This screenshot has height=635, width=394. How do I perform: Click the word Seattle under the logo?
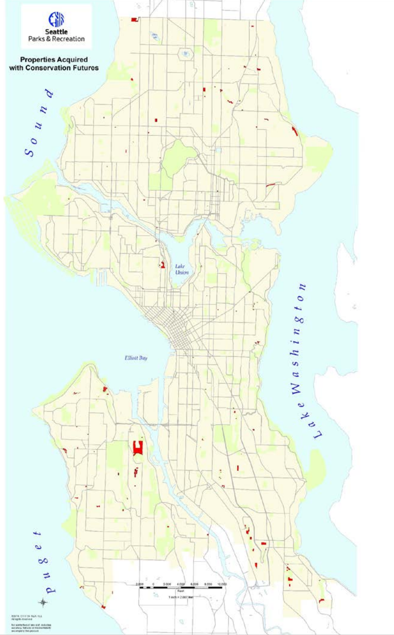click(56, 32)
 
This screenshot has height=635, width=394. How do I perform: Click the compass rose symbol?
click(43, 602)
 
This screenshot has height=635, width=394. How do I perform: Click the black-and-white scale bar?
click(181, 587)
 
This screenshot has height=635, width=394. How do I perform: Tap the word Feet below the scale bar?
click(181, 592)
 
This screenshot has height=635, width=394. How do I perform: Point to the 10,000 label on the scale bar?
click(222, 584)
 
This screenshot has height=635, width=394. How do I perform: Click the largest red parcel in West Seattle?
click(138, 447)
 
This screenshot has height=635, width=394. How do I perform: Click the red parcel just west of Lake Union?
click(163, 264)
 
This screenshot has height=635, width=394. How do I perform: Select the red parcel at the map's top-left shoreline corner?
click(134, 19)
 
